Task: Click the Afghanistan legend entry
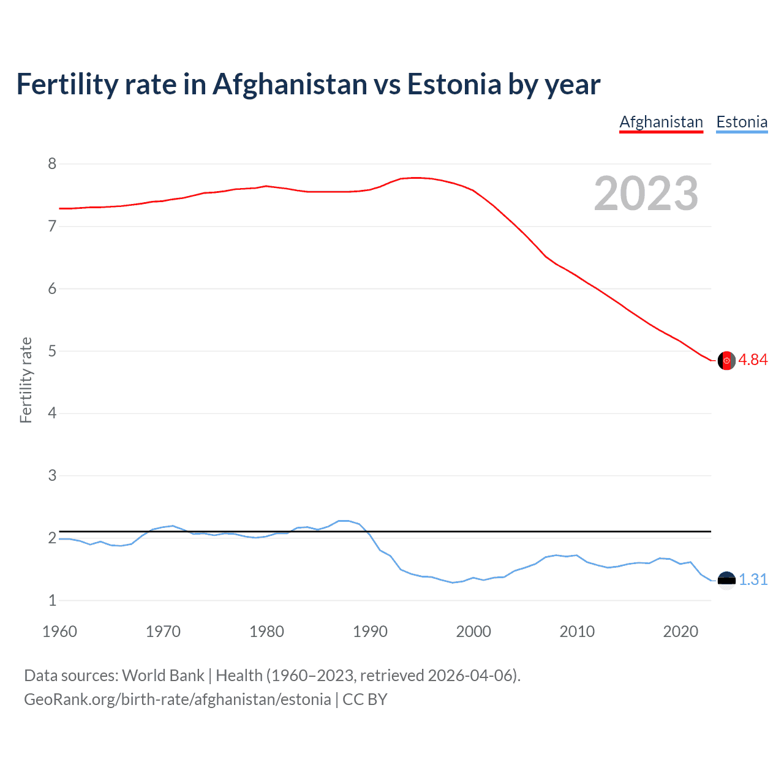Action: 661,122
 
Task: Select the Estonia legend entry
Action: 742,122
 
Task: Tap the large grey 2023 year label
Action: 646,194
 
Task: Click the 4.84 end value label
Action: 753,360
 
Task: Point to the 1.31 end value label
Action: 753,579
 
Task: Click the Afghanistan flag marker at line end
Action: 726,361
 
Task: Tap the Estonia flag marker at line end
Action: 726,580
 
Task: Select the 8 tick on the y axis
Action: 52,164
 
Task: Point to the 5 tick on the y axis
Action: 52,351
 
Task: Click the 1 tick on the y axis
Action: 52,600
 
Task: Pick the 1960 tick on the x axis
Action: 59,631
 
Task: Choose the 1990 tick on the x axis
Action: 370,631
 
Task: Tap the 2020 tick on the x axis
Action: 680,631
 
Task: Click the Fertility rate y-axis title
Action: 26,380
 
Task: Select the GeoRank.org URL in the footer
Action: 177,699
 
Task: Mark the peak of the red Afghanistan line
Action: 417,178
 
